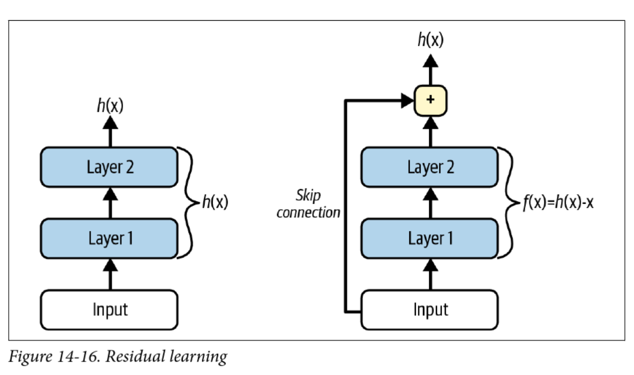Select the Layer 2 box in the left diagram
pos(110,167)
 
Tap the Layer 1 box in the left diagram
pos(110,238)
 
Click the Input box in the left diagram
pos(110,310)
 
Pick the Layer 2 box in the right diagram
pos(430,167)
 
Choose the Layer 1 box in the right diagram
pos(430,238)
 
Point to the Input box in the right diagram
pos(430,310)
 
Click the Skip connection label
pos(308,204)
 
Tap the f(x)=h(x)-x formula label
pos(559,203)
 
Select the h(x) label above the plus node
pos(431,39)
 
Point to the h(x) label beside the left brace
pos(214,202)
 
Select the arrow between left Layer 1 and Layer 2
pos(110,202)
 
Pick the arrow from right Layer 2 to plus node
pos(431,131)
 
